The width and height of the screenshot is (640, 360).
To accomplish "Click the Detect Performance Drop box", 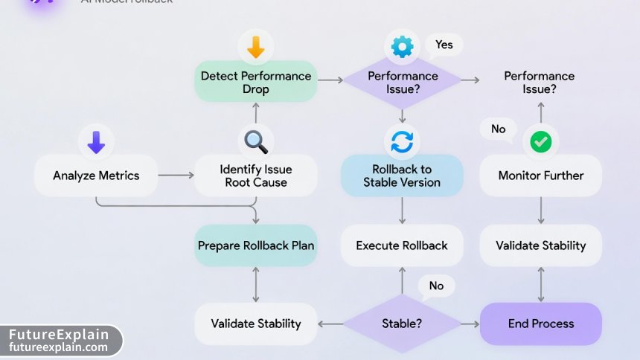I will click(255, 82).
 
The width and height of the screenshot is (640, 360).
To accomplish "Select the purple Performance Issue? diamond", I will click(403, 82).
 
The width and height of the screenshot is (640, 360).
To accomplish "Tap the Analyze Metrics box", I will click(96, 176).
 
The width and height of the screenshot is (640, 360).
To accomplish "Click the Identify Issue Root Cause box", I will click(255, 176).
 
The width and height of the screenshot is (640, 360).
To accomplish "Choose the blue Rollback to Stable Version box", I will click(402, 176).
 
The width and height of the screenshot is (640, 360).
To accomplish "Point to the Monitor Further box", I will click(540, 176).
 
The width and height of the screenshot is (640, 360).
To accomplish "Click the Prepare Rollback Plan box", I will click(255, 245).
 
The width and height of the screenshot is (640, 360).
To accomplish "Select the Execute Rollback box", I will click(402, 245).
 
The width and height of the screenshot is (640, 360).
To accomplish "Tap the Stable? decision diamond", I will click(403, 324).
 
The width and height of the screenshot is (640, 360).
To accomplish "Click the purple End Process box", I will click(540, 324).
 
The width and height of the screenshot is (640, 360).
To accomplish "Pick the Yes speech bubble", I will click(444, 45).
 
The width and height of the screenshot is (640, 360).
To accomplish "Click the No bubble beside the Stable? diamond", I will click(436, 286).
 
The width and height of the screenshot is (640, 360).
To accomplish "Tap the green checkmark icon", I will click(540, 141).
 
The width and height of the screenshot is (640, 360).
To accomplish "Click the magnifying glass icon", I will click(255, 141).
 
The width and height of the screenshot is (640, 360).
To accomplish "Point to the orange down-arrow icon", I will click(255, 48).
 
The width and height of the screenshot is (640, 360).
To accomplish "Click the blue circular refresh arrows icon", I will click(403, 141).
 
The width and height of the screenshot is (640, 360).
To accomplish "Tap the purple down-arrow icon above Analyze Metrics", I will click(96, 141).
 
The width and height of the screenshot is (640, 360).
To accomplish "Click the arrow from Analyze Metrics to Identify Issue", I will click(176, 176).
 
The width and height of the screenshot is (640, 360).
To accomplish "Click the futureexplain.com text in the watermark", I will click(59, 347).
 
